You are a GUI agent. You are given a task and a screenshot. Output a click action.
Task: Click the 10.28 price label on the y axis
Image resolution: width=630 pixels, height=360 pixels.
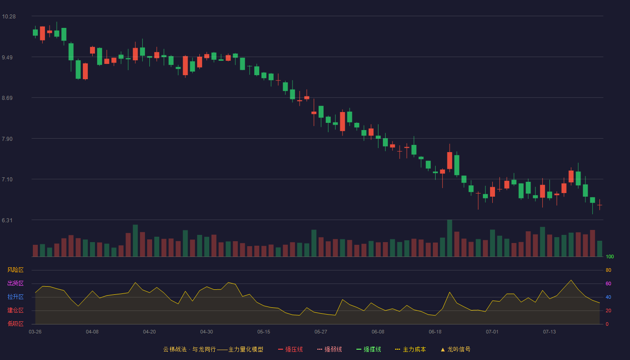coord(9,17)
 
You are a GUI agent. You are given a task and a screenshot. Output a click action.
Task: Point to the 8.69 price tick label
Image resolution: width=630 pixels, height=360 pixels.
coord(7,98)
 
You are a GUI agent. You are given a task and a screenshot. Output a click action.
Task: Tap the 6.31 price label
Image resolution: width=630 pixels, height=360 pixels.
coord(7,220)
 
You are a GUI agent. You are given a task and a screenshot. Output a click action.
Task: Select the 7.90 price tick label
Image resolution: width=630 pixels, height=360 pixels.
coord(7,139)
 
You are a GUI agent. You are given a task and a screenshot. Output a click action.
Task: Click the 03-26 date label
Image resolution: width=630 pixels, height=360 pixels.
coord(35,332)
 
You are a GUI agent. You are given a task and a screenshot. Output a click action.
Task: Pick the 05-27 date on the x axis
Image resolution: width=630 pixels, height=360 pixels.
coord(321,332)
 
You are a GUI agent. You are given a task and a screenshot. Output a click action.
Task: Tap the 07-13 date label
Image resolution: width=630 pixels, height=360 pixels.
coord(549,332)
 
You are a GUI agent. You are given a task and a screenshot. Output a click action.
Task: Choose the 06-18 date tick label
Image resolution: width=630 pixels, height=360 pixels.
coord(435,332)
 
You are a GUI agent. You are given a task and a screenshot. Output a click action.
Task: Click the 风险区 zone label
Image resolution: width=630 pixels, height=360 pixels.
coord(15,270)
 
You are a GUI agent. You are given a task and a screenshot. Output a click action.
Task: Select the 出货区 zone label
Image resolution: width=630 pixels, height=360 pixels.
coord(15,283)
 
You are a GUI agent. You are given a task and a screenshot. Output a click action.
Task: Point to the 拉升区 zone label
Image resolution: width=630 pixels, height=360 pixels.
coord(15,297)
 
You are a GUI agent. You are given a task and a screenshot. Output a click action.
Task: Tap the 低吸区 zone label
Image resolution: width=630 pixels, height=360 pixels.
coord(15,324)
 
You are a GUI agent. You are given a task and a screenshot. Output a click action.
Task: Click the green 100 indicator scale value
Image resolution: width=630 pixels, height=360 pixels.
coord(610,256)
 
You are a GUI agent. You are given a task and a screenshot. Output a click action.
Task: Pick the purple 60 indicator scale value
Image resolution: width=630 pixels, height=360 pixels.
coord(608,283)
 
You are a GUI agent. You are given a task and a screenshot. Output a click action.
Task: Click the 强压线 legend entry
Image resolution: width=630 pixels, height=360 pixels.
coord(290,349)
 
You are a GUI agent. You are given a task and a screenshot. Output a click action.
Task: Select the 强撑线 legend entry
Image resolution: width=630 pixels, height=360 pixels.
coord(369,349)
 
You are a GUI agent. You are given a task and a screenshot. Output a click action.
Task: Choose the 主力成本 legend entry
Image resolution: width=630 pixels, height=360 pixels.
coord(410,349)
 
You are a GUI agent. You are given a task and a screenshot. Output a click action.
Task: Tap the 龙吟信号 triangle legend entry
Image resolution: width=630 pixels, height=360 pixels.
coord(455,349)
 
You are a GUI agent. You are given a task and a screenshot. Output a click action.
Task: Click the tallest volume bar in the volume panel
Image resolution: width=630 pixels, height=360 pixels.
coord(450,238)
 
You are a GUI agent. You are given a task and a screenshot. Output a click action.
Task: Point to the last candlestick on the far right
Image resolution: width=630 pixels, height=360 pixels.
coord(599,205)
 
